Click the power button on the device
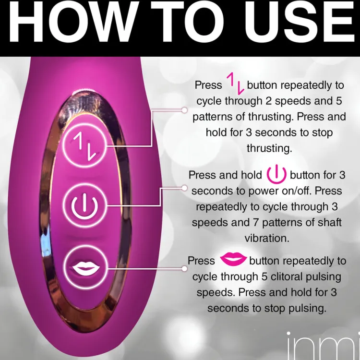pyautogui.click(x=84, y=205)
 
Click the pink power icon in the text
pyautogui.click(x=276, y=174)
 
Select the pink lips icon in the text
pyautogui.click(x=233, y=259)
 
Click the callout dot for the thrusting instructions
pyautogui.click(x=184, y=110)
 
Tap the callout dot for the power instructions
pyautogui.click(x=184, y=188)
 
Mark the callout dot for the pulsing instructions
pyautogui.click(x=184, y=269)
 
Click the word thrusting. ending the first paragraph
pyautogui.click(x=269, y=148)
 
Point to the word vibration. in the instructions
pyautogui.click(x=267, y=238)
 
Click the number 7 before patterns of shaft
pyautogui.click(x=256, y=222)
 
